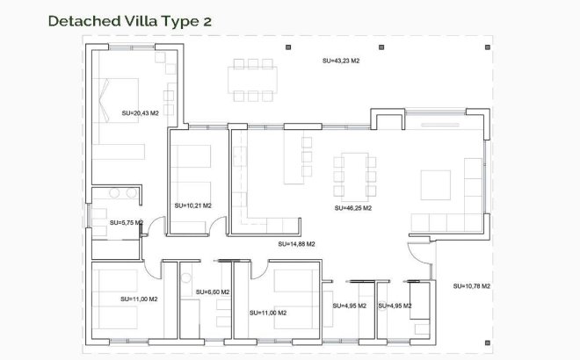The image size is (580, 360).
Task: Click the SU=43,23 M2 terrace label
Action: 340,61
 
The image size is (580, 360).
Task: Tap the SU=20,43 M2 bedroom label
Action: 140,113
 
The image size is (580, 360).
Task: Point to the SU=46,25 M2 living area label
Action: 353,209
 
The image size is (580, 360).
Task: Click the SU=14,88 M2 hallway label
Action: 296,244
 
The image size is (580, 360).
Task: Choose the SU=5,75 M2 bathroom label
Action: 126,223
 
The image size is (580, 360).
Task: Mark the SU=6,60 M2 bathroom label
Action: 213,292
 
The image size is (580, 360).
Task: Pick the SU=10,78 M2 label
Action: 472,286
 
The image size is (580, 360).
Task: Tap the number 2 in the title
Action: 207,20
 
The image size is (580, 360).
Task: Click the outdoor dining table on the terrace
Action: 252,79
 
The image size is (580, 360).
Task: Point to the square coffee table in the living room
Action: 439,185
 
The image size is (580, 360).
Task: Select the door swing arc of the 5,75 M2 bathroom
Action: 154,227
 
